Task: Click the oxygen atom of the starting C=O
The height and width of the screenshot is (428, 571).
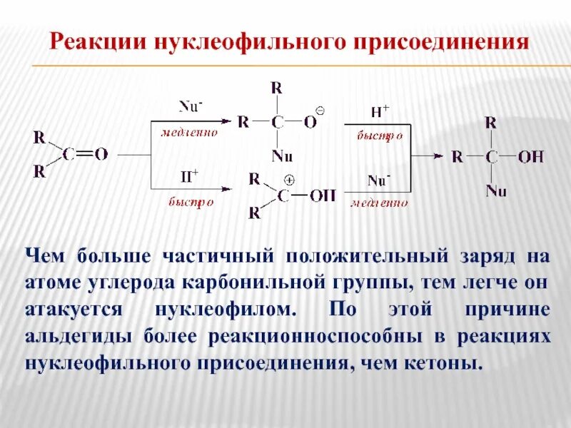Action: point(101,153)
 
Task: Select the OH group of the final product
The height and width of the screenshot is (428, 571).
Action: point(530,156)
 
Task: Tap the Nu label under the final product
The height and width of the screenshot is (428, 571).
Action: point(495,190)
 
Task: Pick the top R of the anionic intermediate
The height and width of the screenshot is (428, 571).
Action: point(277,88)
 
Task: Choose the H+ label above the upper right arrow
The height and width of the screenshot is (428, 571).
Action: point(379,111)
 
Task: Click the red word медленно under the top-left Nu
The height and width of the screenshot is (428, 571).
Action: point(189,133)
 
